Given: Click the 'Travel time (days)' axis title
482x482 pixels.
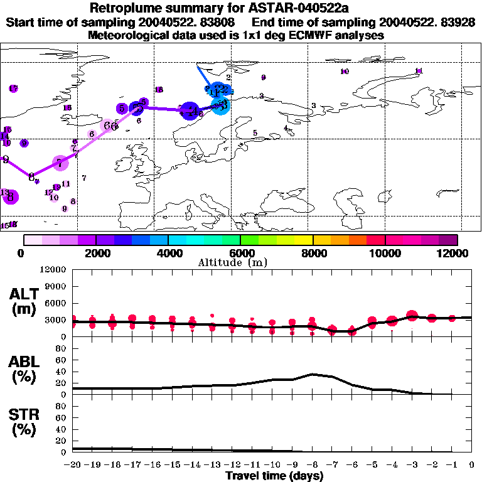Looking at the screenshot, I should click(274, 476).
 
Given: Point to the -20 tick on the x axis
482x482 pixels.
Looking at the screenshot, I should click(73, 464).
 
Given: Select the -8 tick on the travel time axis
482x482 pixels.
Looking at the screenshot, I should click(313, 464).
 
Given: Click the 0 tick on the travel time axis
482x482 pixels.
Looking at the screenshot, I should click(472, 464).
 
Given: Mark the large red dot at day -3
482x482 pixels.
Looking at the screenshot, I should click(412, 316).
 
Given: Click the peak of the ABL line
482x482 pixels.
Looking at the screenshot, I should click(313, 374).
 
